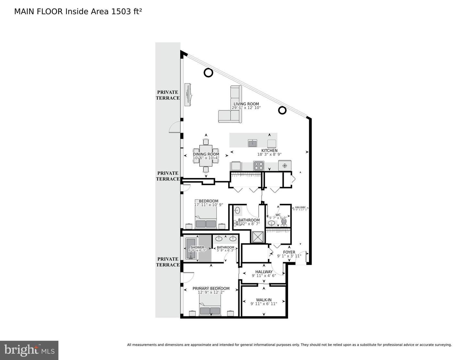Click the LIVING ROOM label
pyautogui.click(x=246, y=104)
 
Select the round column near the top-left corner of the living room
pyautogui.click(x=208, y=73)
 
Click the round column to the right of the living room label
pyautogui.click(x=282, y=110)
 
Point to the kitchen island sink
pyautogui.click(x=252, y=143)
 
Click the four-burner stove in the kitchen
pyautogui.click(x=259, y=166)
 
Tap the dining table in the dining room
pyautogui.click(x=206, y=155)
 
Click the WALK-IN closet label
pyautogui.click(x=264, y=300)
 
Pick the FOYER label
pyautogui.click(x=289, y=252)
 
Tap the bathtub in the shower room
pyautogui.click(x=191, y=248)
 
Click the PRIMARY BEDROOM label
pyautogui.click(x=211, y=288)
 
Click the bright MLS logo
pyautogui.click(x=29, y=350)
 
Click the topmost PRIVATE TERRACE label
pyautogui.click(x=168, y=95)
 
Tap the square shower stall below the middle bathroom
pyautogui.click(x=258, y=237)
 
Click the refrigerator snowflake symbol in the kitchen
pyautogui.click(x=285, y=166)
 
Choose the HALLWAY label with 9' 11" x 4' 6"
pyautogui.click(x=264, y=272)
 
